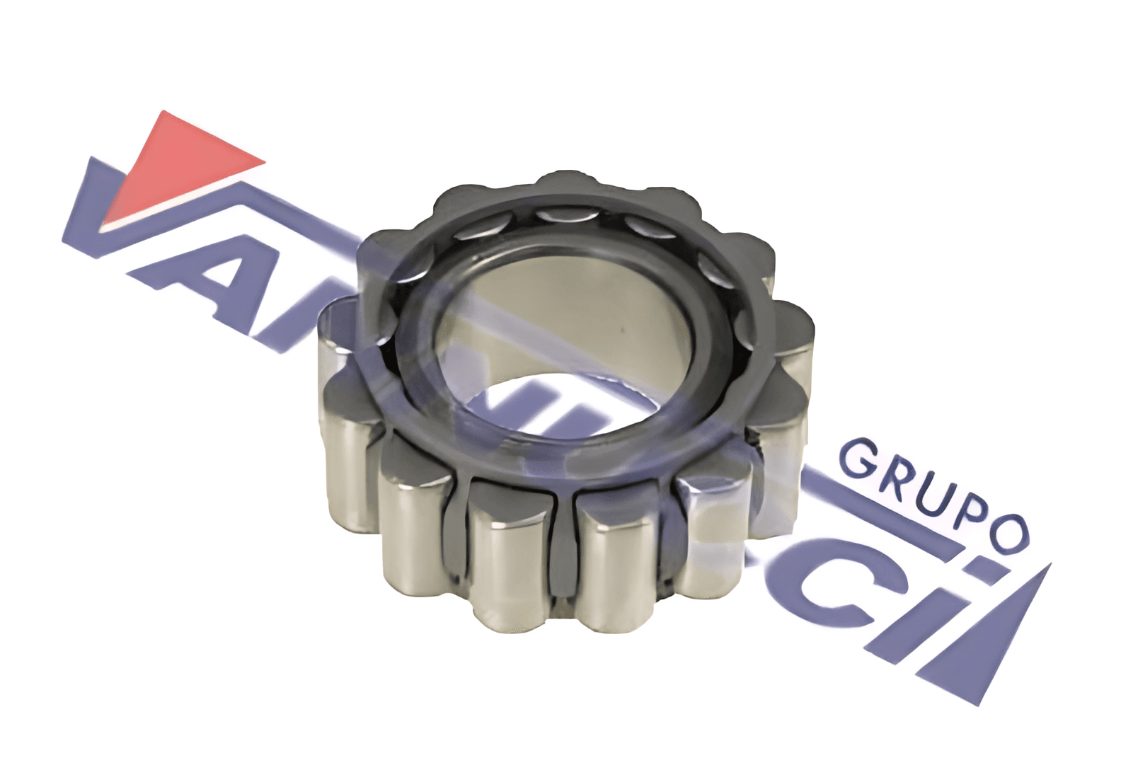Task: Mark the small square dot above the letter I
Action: click(x=979, y=567)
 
